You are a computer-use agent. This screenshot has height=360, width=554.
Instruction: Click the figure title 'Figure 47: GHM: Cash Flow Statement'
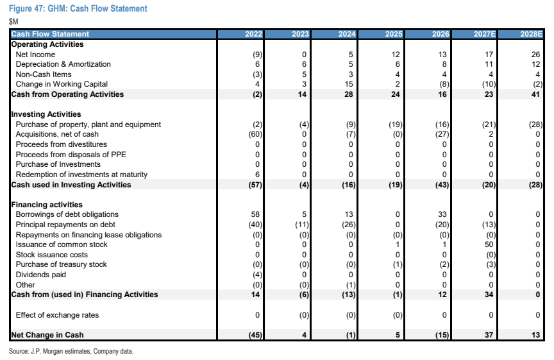(78, 8)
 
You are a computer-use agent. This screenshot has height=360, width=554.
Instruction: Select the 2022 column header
(254, 34)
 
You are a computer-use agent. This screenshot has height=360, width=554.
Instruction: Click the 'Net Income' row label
(35, 55)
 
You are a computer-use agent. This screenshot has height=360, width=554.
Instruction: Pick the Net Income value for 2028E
(535, 55)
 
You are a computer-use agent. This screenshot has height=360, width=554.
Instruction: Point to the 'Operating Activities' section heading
(47, 44)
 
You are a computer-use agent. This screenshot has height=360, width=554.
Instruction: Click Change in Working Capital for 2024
(349, 84)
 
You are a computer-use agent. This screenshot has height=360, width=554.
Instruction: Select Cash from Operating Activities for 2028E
(535, 94)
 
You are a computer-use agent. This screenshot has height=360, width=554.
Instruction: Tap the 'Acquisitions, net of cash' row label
(57, 134)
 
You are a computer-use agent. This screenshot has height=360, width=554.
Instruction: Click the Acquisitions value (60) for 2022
(255, 134)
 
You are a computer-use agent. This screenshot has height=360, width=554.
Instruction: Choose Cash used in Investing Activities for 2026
(442, 185)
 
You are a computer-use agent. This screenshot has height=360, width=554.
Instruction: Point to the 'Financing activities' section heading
(47, 205)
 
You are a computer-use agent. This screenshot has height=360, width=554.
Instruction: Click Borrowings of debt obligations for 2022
(255, 214)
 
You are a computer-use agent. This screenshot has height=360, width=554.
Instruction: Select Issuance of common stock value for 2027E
(489, 244)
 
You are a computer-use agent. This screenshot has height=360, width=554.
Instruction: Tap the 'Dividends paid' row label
(40, 275)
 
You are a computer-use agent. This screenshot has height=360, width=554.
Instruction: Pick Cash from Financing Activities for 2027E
(489, 295)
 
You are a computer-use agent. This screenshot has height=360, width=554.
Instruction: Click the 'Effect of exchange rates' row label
(57, 315)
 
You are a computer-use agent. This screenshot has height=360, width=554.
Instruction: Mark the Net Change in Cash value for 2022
(255, 335)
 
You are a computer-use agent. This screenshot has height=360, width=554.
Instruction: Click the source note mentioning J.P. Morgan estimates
(71, 352)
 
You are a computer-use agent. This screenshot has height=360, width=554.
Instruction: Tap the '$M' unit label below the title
(13, 22)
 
